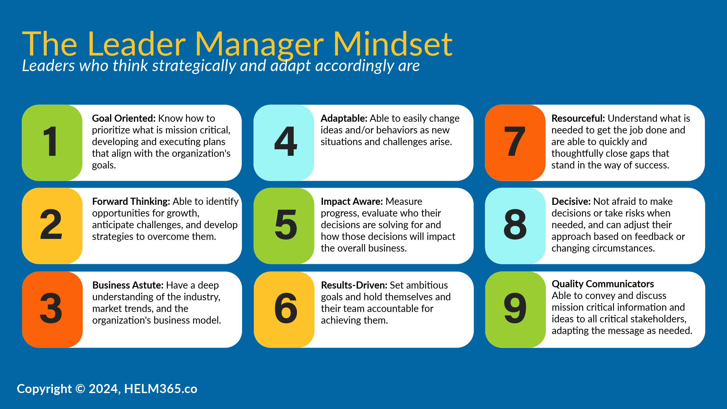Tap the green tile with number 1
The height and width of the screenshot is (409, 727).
(x=52, y=143)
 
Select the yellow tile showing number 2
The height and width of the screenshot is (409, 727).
(x=52, y=226)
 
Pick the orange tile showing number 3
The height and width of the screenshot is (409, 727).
(x=52, y=309)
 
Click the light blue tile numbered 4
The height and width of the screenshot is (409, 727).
(x=284, y=143)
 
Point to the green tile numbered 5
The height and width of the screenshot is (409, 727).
(x=284, y=226)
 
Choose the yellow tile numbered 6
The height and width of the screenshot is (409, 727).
(x=284, y=309)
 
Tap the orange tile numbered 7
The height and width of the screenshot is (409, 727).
(x=515, y=143)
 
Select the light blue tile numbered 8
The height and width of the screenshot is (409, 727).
(x=515, y=226)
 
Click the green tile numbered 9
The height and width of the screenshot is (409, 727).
(x=515, y=309)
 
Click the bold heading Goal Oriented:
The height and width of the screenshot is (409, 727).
(x=124, y=118)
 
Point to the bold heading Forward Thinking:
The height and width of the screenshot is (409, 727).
(x=131, y=202)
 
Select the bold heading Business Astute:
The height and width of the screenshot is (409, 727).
(x=128, y=285)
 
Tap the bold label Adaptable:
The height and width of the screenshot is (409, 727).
(x=344, y=118)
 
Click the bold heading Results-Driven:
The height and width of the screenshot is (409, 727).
(x=354, y=285)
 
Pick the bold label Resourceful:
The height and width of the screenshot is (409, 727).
(x=578, y=118)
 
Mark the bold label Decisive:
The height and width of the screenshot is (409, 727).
(x=571, y=202)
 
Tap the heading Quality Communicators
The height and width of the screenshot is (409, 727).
(x=603, y=284)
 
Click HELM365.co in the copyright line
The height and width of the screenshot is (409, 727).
(x=161, y=389)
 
